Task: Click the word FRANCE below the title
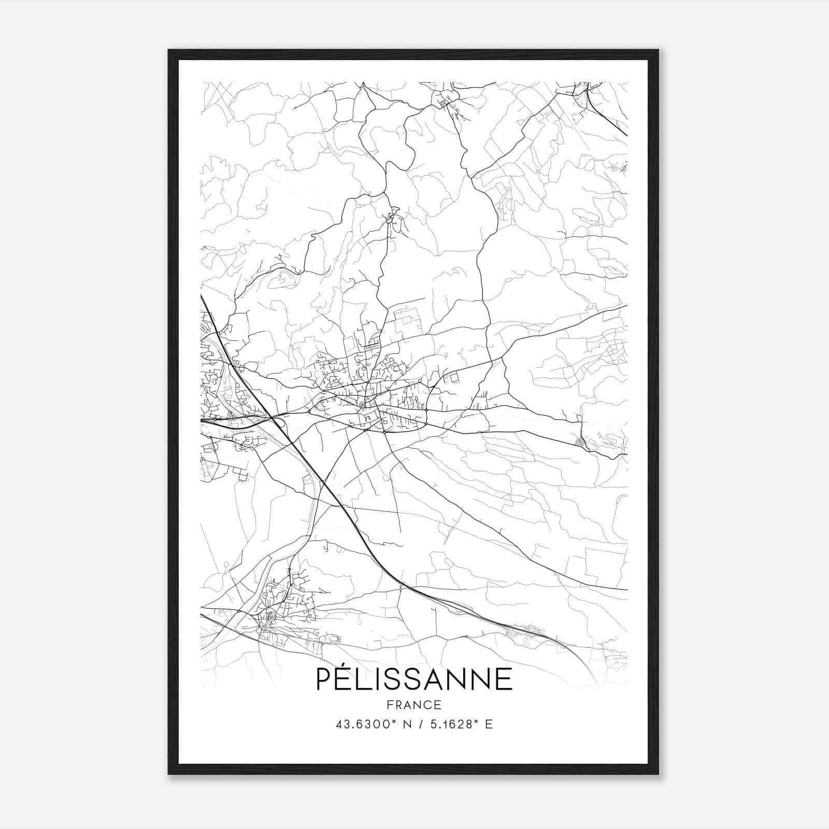414,705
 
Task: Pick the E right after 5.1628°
489,724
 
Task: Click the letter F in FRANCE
389,705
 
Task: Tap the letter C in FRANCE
428,705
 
